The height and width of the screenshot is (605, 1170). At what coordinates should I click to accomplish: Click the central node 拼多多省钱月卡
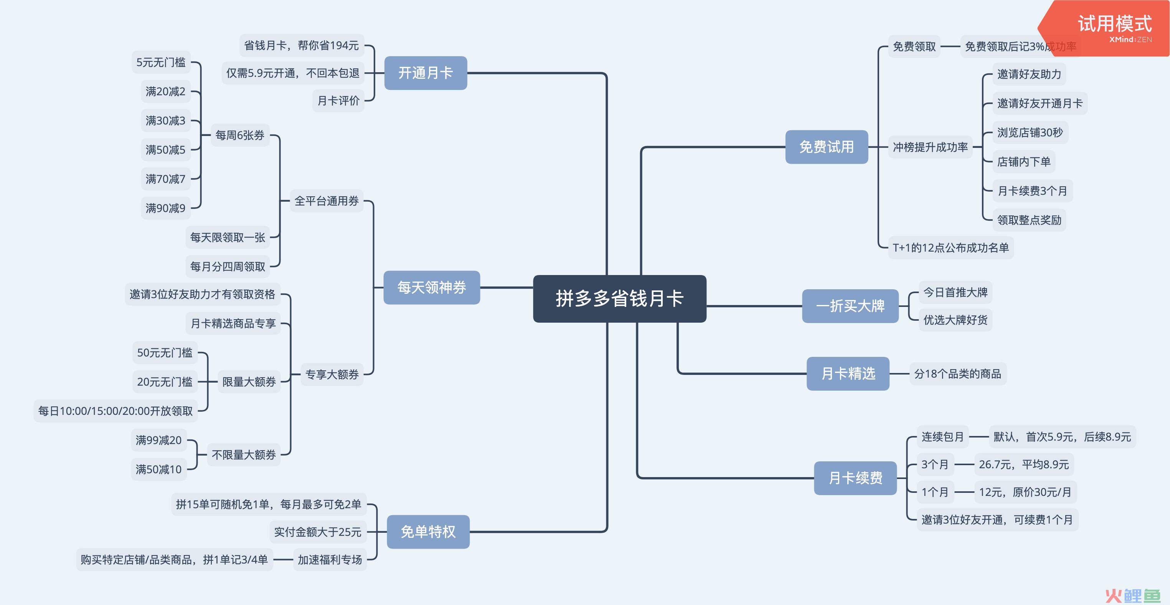(x=619, y=298)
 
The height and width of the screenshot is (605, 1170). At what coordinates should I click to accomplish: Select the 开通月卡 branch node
(x=426, y=73)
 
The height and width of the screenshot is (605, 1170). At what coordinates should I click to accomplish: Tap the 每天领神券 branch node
(x=431, y=287)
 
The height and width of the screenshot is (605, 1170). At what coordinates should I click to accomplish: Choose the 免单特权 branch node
(x=428, y=531)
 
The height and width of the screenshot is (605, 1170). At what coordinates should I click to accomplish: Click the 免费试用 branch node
(x=827, y=147)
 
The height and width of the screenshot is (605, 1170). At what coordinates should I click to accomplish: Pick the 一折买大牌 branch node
(x=850, y=306)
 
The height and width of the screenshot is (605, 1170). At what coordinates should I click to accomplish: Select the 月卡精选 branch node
(x=848, y=373)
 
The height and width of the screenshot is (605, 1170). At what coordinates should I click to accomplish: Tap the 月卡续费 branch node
(x=855, y=478)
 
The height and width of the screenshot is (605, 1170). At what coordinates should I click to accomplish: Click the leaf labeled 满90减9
(x=165, y=208)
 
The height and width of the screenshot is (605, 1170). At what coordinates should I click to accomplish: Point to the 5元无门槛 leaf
(x=161, y=62)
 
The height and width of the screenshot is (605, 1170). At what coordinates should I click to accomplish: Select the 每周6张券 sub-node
(x=240, y=135)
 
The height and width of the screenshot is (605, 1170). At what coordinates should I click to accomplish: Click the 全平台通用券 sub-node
(x=327, y=201)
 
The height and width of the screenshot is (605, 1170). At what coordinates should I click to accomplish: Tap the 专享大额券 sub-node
(x=332, y=374)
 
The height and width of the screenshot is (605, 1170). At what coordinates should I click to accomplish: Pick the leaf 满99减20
(x=158, y=440)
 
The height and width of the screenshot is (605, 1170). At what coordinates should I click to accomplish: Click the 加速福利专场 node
(x=330, y=560)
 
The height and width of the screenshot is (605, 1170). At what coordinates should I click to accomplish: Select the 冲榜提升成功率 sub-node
(x=930, y=147)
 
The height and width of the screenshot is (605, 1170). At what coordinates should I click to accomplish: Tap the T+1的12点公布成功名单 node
(x=951, y=247)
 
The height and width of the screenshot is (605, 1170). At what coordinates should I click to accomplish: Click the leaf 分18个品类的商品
(x=958, y=374)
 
